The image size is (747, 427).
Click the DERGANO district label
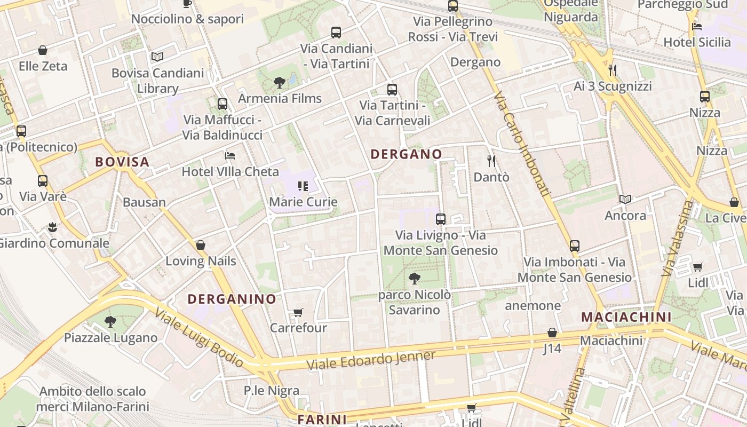point(406,154)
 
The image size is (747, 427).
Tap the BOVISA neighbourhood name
point(122,162)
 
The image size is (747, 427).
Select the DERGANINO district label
point(232,299)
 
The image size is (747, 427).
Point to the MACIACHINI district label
point(626,317)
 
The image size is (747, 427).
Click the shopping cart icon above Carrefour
point(298,312)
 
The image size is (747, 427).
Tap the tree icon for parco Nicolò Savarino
point(414,278)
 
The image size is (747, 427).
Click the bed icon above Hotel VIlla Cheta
point(230,156)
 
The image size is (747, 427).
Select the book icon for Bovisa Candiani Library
point(157,57)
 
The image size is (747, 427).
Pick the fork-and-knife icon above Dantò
point(491,161)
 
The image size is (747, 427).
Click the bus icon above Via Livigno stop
point(441,219)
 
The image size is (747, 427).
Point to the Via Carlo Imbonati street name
point(522,145)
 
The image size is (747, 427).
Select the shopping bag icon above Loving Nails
point(201,245)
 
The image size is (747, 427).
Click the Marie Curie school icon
point(303,186)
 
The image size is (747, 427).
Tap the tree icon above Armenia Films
point(279,82)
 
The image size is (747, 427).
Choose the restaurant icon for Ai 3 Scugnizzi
point(613,70)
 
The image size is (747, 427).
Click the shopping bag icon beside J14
point(552,333)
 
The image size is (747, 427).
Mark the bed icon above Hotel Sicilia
point(696,26)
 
